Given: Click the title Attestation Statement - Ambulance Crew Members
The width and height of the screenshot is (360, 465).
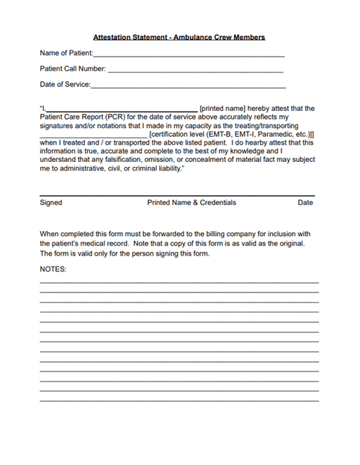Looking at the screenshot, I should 179,37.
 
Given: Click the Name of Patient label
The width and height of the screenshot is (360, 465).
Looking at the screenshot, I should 66,53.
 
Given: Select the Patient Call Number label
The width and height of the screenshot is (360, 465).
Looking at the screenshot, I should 73,69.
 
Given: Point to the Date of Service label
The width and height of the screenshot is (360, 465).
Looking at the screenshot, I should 65,84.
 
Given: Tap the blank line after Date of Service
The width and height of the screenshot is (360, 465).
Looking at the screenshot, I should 189,86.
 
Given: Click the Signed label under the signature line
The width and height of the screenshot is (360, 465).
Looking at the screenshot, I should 50,202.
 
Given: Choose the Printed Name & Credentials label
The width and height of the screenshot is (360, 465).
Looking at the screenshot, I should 192,202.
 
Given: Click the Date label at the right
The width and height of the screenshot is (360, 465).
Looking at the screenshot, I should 305,202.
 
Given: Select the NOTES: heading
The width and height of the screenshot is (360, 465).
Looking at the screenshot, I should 53,268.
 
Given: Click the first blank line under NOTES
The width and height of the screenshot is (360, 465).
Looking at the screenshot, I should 179,282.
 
